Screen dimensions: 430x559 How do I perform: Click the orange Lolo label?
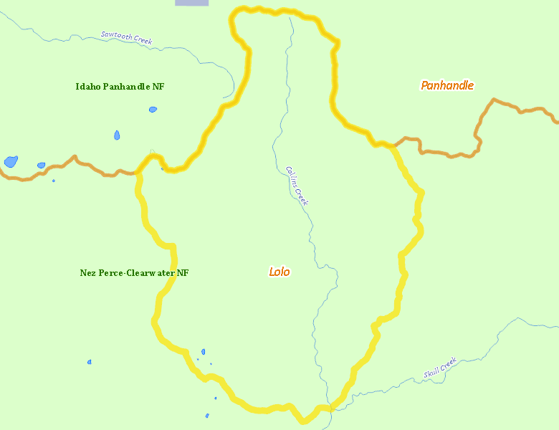tap(279, 272)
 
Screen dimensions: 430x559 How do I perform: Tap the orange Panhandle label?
tap(447, 85)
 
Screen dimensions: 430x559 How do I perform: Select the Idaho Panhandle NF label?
tap(120, 87)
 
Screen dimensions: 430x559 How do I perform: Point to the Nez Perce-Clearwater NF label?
tap(134, 273)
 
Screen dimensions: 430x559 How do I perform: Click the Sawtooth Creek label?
tap(127, 37)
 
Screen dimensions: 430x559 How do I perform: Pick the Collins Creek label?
tap(297, 186)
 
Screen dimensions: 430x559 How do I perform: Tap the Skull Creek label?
tap(439, 368)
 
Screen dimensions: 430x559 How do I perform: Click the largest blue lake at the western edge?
tap(11, 161)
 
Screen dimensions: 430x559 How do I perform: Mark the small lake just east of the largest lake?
tap(41, 166)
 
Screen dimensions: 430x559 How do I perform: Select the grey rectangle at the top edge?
tap(192, 3)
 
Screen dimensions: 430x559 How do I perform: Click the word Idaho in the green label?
tap(87, 87)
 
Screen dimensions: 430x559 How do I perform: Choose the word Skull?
tap(432, 373)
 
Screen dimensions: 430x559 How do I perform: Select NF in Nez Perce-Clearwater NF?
tap(183, 273)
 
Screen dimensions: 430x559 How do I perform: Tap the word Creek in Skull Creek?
tap(448, 363)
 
